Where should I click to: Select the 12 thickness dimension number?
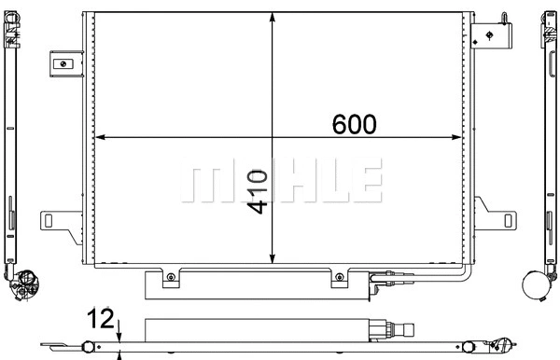tap(100, 319)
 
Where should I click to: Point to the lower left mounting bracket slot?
tap(57, 221)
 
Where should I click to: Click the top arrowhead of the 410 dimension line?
tap(272, 18)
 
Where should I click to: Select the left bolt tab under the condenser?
tap(171, 277)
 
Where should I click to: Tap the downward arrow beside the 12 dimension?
tap(120, 328)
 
